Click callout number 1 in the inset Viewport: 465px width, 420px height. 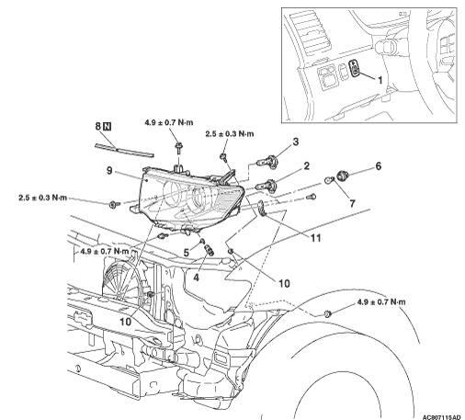380,80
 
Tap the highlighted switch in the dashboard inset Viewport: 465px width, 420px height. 355,69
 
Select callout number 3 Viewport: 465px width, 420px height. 296,142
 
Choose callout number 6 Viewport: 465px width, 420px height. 379,166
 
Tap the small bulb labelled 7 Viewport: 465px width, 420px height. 329,179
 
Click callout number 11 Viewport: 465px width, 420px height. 315,238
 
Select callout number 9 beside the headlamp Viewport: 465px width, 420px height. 109,170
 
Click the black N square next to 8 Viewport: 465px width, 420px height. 108,126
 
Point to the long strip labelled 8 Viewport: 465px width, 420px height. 124,151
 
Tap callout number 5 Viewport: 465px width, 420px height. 187,253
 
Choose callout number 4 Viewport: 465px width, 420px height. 196,278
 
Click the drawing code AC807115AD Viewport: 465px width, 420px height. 441,417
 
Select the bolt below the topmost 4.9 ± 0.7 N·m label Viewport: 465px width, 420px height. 178,148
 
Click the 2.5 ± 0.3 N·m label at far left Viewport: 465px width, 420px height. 42,198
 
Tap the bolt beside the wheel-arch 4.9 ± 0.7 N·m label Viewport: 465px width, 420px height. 327,313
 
